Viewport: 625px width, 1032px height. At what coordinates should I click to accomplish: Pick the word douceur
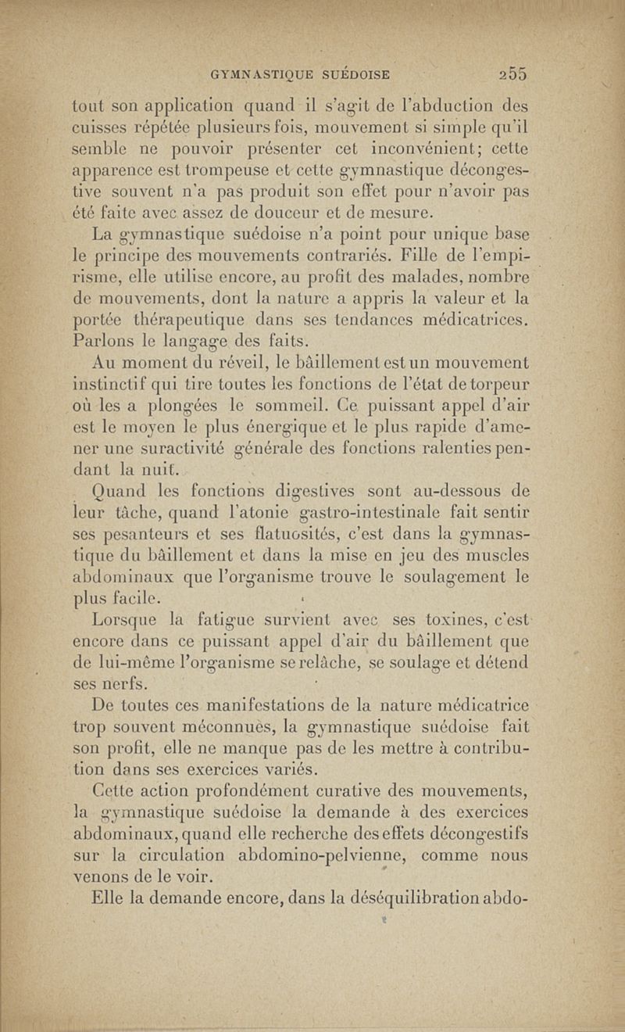click(290, 211)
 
